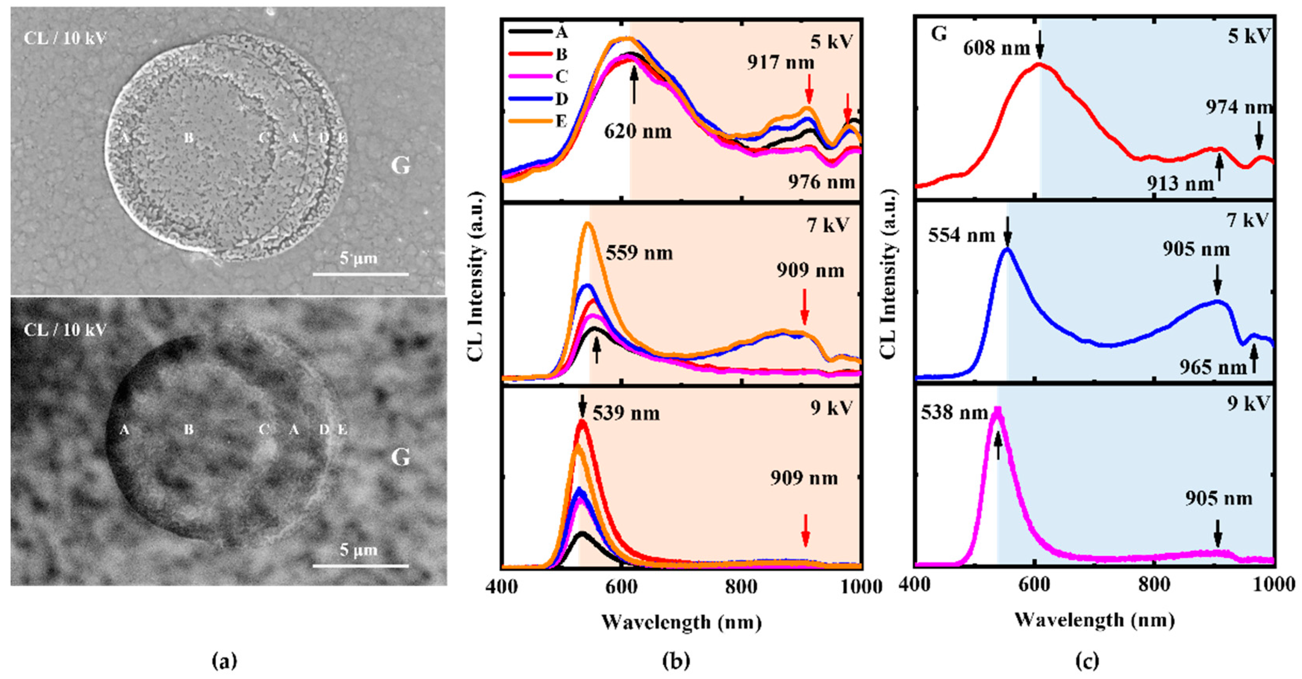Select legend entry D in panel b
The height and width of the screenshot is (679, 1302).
tap(561, 99)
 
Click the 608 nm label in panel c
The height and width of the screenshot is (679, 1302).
tap(996, 49)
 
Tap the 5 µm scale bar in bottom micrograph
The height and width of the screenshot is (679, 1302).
tap(360, 566)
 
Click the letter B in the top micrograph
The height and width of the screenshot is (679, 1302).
tap(188, 137)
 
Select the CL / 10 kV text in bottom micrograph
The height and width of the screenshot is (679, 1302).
tap(65, 330)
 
